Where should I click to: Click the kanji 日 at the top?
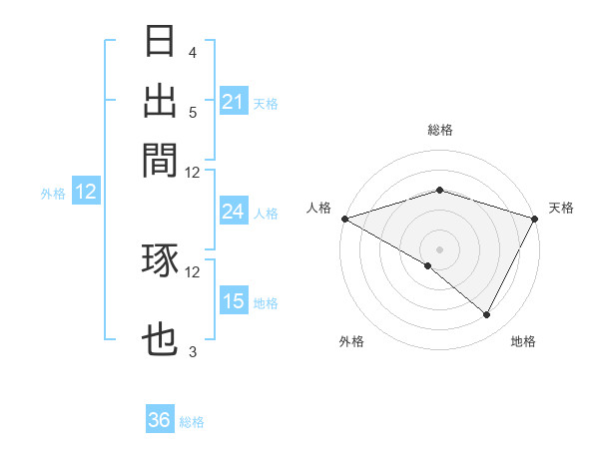point(161,42)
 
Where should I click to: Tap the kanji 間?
point(161,159)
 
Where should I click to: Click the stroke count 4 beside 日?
point(192,52)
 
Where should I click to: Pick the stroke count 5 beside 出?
point(192,111)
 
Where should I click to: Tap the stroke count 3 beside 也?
point(192,352)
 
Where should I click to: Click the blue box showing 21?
point(233,101)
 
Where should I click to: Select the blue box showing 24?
point(233,212)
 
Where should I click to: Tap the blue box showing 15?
point(233,301)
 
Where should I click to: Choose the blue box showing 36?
point(160,420)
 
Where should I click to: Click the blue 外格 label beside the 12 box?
point(53,194)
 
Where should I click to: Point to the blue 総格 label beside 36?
point(192,422)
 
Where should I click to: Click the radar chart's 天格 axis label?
point(561,208)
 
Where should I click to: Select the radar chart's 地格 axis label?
point(523,342)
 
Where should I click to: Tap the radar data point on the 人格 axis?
point(344,218)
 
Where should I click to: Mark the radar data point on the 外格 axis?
point(428,265)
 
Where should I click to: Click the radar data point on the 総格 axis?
point(439,190)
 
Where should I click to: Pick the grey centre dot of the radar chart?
point(439,248)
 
